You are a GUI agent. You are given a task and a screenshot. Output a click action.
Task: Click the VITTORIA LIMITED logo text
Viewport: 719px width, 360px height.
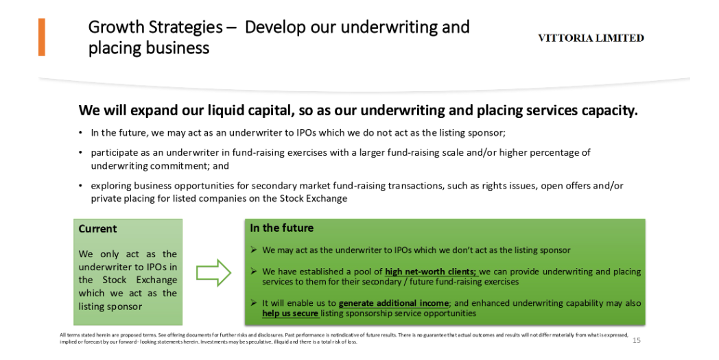click(x=591, y=38)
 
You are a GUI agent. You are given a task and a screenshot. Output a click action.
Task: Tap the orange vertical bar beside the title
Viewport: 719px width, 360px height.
click(x=42, y=37)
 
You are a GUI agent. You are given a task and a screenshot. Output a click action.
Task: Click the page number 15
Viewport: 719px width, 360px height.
click(x=637, y=340)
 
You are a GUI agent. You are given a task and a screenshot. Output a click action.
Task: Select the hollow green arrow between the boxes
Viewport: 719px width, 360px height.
click(x=213, y=273)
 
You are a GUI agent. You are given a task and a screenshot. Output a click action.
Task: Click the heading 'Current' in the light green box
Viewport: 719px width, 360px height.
click(x=97, y=229)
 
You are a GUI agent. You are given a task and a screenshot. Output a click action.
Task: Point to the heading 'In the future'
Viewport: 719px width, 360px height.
click(x=281, y=228)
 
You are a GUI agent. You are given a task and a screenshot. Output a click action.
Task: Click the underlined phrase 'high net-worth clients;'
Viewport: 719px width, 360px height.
click(x=431, y=272)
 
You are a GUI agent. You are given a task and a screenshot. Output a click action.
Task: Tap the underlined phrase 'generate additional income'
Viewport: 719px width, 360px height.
click(x=393, y=303)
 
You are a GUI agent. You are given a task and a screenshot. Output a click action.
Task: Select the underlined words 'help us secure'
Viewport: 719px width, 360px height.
click(x=290, y=313)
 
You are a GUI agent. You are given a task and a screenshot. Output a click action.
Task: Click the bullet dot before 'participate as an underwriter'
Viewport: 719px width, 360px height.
click(x=81, y=152)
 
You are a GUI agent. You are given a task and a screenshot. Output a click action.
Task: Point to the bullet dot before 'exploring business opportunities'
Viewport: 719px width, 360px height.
click(x=81, y=186)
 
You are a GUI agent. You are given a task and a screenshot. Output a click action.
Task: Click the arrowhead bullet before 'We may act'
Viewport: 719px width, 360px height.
click(x=254, y=250)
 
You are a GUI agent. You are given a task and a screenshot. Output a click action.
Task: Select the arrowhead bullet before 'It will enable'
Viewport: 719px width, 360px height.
click(x=254, y=303)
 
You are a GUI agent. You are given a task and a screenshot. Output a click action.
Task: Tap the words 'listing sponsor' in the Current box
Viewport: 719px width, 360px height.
click(x=110, y=307)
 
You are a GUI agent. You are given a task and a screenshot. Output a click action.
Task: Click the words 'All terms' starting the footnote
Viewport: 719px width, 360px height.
click(x=68, y=335)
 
